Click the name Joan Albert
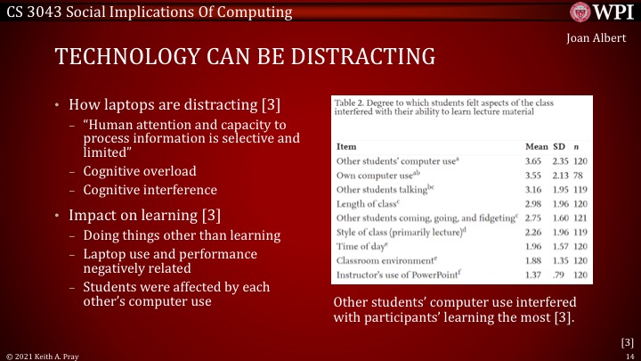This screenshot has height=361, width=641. tap(596, 37)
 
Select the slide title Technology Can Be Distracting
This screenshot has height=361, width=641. tap(245, 58)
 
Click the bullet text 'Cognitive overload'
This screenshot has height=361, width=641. tap(140, 171)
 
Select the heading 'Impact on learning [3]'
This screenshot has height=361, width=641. tap(144, 215)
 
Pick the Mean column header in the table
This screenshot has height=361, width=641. tap(538, 145)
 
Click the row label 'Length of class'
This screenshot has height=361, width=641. tap(365, 203)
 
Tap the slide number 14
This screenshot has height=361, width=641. tap(628, 355)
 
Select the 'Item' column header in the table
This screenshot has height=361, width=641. tap(346, 145)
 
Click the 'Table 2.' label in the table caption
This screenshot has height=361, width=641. tap(348, 103)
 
